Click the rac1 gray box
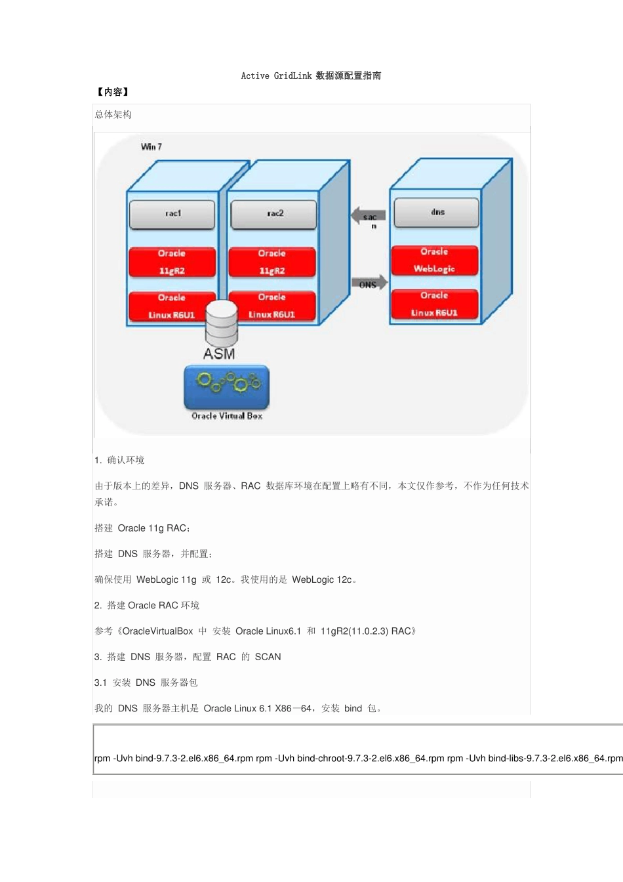point(172,214)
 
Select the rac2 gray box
point(274,214)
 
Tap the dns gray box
point(437,213)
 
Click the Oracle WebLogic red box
point(434,261)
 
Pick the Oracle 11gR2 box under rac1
point(172,262)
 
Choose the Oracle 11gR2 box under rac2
point(271,262)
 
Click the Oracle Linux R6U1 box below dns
point(434,304)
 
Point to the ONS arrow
point(369,283)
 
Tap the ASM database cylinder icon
point(221,323)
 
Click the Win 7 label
point(151,146)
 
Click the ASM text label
point(219,354)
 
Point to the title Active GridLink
point(311,76)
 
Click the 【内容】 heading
point(113,93)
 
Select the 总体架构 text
point(113,115)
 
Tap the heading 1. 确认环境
point(119,460)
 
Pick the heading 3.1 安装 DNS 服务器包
point(146,682)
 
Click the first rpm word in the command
point(102,759)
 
